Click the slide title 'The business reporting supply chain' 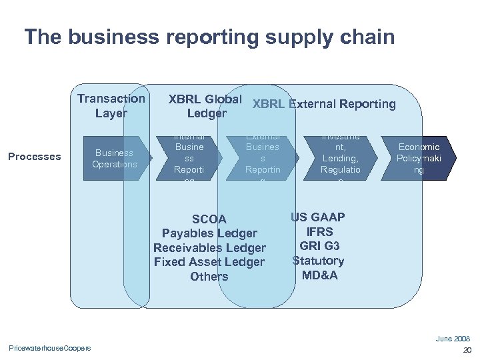pos(209,37)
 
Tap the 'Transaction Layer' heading pos(111,105)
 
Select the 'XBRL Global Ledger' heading pos(205,106)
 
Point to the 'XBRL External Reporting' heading pos(324,104)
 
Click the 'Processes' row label pos(34,157)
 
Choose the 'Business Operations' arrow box pos(115,158)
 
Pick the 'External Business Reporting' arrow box pos(263,158)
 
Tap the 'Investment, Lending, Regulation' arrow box pos(340,158)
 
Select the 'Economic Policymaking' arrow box pos(418,158)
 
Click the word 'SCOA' pos(209,219)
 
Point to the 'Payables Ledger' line pos(209,233)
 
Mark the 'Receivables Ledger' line pos(209,248)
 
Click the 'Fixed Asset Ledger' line pos(209,262)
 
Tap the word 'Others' pos(209,277)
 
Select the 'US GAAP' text pos(318,217)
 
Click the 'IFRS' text pos(318,232)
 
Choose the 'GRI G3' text pos(318,246)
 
